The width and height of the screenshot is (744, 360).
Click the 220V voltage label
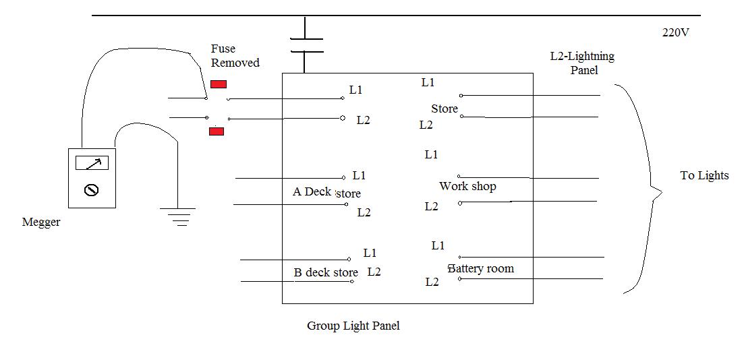(675, 32)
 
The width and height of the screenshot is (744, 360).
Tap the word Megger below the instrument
(41, 222)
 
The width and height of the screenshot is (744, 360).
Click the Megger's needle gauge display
(92, 163)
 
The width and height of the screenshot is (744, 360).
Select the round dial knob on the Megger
(92, 191)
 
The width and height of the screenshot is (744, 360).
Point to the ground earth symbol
(178, 216)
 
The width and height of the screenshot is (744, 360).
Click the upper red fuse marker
(219, 84)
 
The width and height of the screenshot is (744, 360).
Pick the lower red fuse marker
(217, 131)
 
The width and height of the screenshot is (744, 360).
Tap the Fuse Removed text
(235, 56)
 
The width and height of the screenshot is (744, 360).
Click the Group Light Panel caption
(353, 326)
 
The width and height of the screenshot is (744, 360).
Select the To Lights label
(704, 176)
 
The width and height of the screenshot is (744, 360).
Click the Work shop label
(467, 187)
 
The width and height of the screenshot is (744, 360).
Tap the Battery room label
(481, 269)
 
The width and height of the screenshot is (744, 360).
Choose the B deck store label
(326, 273)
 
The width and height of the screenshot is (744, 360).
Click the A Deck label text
(312, 192)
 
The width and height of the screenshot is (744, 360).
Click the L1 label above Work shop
(432, 155)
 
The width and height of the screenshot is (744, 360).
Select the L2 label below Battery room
(432, 282)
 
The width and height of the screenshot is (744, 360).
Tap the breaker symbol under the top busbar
(306, 45)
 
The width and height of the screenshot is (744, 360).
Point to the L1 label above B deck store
(370, 253)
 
